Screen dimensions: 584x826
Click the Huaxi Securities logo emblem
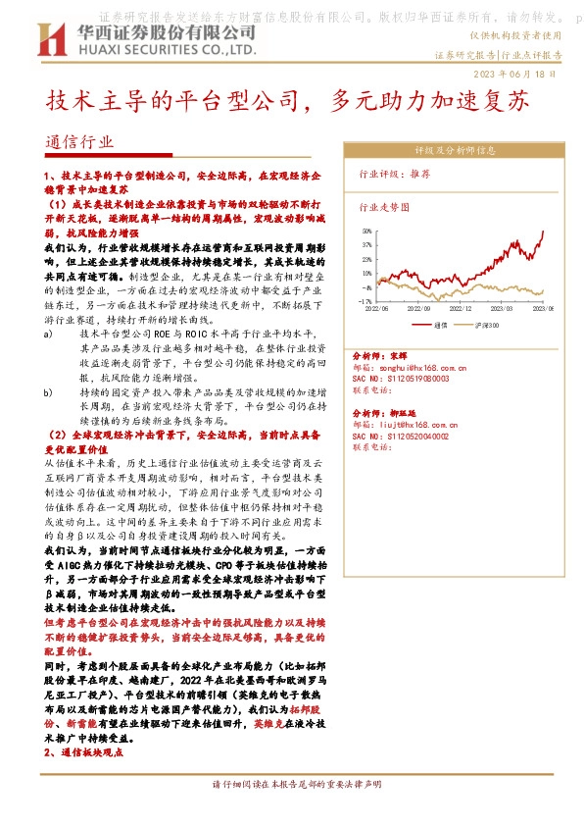click(49, 40)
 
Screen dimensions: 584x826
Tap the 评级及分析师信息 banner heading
click(455, 150)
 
